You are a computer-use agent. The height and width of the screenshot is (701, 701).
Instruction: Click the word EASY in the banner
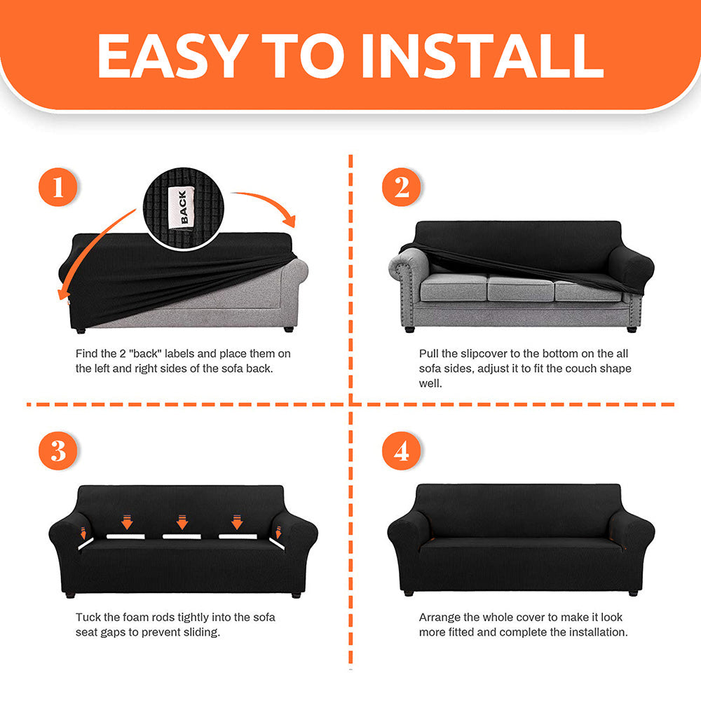(x=172, y=55)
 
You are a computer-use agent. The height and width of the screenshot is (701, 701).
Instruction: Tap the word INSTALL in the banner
(x=483, y=55)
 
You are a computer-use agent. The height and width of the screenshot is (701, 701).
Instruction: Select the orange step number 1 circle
(x=57, y=187)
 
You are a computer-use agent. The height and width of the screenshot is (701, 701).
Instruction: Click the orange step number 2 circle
(x=401, y=187)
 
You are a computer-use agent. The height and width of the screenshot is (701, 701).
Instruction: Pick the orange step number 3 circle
(x=57, y=451)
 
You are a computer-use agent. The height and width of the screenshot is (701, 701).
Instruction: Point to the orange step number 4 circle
(x=401, y=451)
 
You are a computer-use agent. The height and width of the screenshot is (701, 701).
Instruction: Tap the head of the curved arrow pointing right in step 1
(x=289, y=220)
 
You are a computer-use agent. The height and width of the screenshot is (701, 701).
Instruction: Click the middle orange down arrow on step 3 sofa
(x=182, y=522)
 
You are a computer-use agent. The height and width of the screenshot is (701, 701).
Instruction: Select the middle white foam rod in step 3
(x=182, y=536)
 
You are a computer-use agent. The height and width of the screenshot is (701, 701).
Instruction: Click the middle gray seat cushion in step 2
(x=521, y=288)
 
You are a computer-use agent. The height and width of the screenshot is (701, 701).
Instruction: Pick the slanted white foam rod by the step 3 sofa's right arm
(x=277, y=544)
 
